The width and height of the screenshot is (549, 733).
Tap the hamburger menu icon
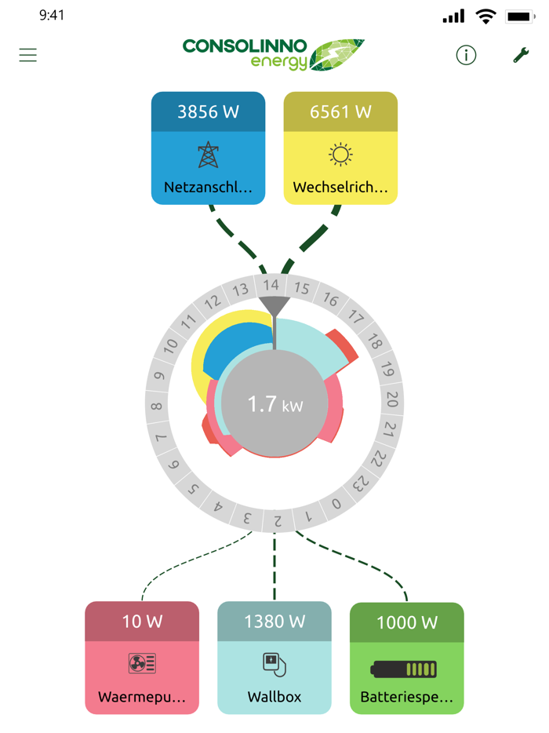[27, 55]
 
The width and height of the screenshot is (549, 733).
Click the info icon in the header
[466, 55]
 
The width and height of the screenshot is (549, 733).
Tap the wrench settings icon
[521, 55]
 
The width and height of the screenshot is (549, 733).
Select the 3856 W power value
[208, 111]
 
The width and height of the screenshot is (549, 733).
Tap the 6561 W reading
[340, 111]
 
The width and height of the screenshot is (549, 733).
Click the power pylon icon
[209, 155]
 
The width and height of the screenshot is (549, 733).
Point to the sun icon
[340, 155]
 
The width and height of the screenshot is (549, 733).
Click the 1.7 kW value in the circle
[275, 404]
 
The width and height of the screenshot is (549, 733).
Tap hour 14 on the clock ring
[271, 285]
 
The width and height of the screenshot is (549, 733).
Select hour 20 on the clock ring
[392, 399]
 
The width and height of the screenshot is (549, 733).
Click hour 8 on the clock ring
[157, 406]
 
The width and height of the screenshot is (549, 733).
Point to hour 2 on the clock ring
[278, 520]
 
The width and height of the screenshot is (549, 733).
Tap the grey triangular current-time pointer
[274, 306]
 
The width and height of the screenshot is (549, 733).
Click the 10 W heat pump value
[142, 622]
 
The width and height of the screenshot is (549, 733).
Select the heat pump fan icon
[142, 663]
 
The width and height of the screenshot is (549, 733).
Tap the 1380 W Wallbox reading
[274, 622]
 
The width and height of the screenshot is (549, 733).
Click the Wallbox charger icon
[274, 664]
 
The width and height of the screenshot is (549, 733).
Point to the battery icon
[404, 669]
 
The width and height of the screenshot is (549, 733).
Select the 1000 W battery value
[407, 622]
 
